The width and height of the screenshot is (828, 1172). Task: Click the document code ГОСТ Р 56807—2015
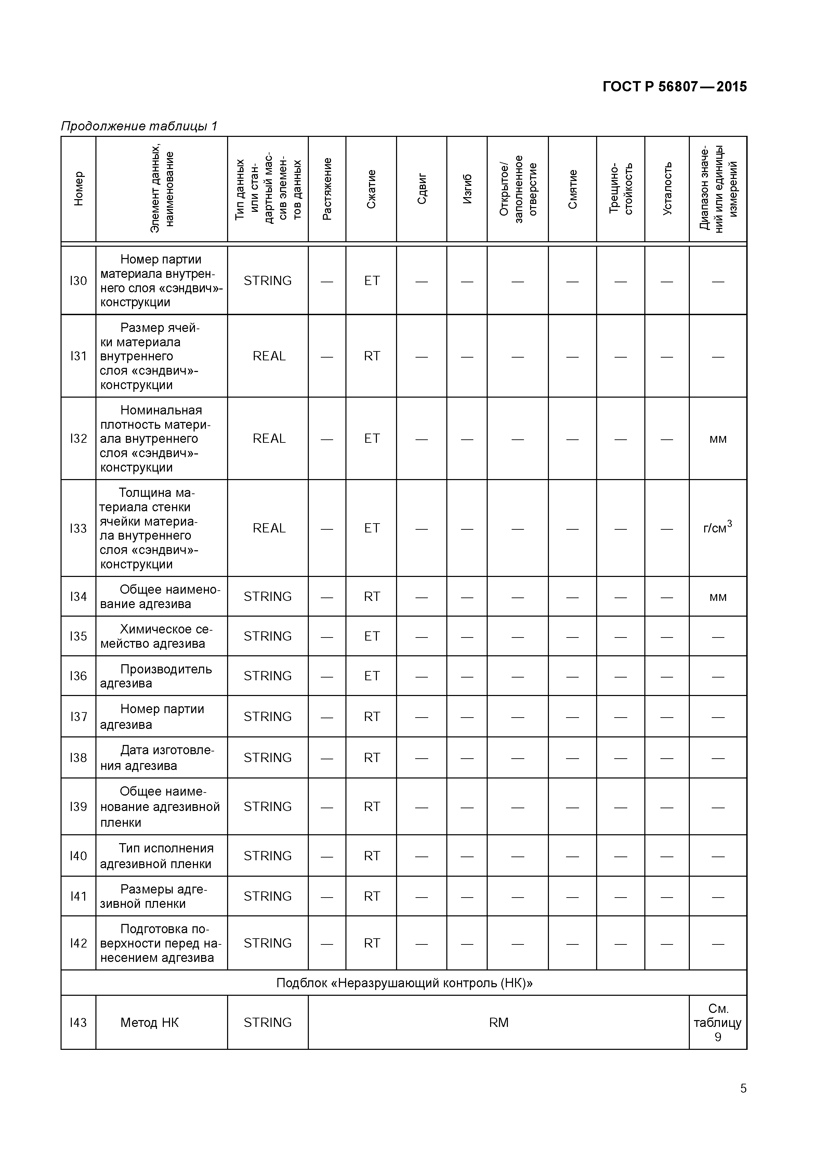point(674,87)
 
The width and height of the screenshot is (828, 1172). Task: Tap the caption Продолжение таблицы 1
point(139,126)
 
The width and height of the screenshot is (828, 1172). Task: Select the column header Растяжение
point(327,189)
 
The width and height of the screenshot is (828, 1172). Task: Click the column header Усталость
point(667,189)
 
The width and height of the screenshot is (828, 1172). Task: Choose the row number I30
point(78,281)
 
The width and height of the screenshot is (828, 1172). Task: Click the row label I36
point(78,676)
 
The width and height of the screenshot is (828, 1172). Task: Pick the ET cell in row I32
point(371,438)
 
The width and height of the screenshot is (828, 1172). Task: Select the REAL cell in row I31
point(268,356)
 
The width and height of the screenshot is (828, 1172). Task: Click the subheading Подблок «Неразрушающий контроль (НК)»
point(404,983)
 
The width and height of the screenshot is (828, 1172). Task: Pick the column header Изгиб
point(467,189)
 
